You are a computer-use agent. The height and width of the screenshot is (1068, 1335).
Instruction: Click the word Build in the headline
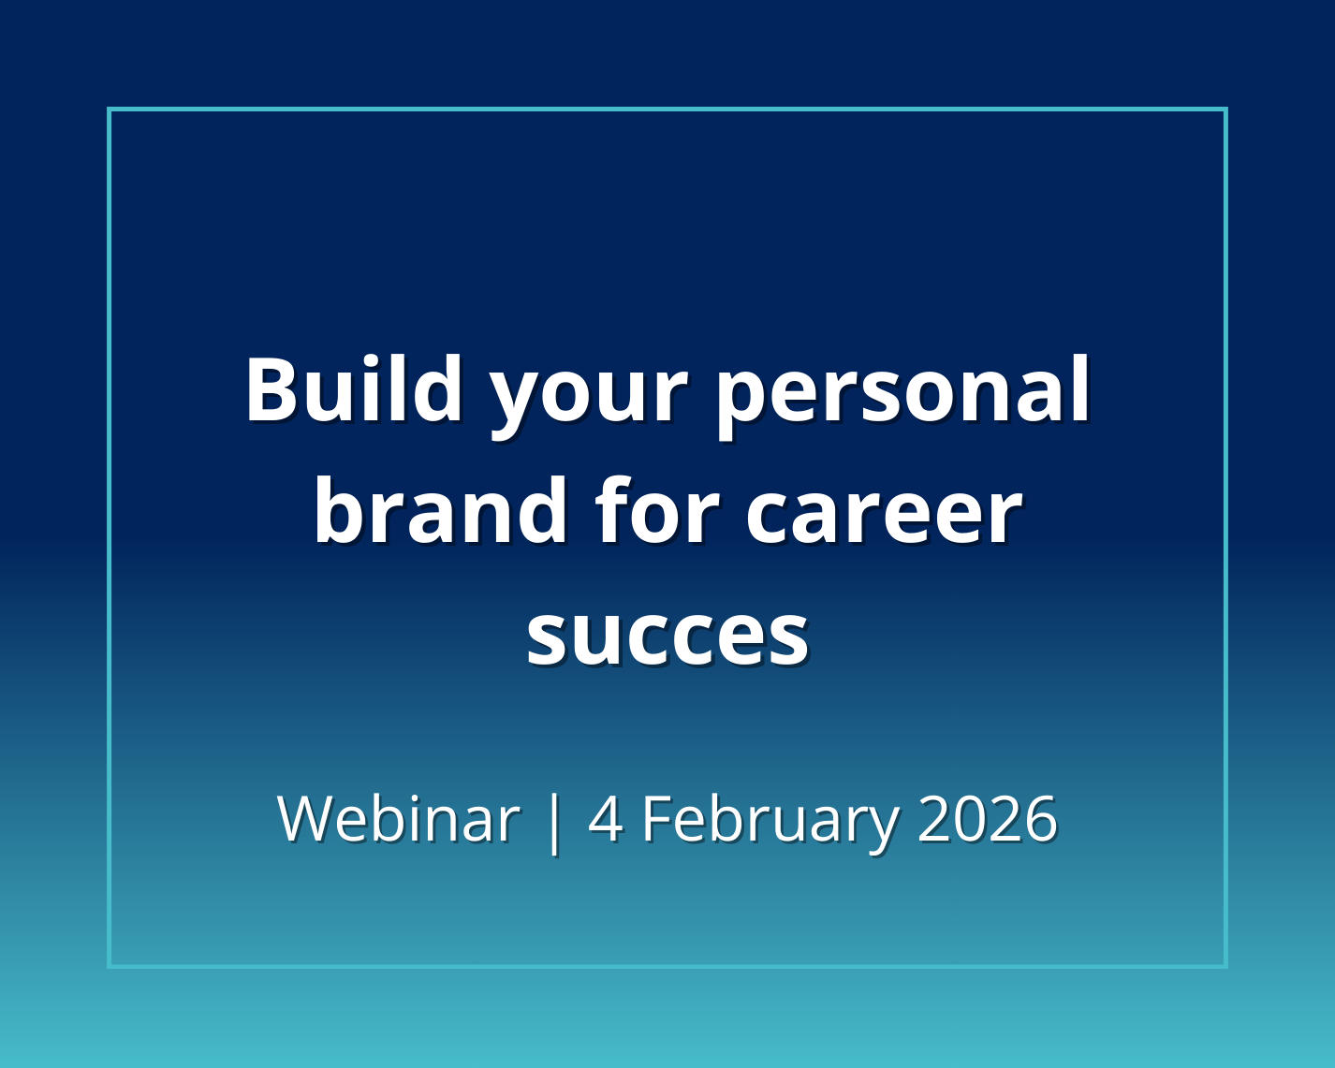tap(354, 389)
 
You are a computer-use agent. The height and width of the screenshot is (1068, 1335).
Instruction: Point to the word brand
tap(440, 511)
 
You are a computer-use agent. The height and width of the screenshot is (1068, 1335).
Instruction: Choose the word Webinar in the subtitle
tap(398, 818)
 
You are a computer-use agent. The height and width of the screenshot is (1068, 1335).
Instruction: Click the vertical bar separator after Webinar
tap(553, 820)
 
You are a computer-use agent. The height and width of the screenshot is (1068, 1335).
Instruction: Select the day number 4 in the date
tap(606, 818)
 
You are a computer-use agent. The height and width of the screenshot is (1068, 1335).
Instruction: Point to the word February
tap(770, 820)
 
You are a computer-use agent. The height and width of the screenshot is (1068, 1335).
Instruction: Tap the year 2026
tap(987, 818)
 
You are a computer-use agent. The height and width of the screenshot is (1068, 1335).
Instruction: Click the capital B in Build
tap(277, 389)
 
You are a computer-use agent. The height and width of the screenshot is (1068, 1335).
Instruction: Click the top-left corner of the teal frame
tap(110, 110)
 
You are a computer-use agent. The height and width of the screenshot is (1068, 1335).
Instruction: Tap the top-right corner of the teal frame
tap(1225, 110)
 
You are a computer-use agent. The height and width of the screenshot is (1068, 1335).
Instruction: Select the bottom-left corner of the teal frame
tap(110, 965)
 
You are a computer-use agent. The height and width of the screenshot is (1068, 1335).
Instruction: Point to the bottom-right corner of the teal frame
tap(1225, 965)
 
